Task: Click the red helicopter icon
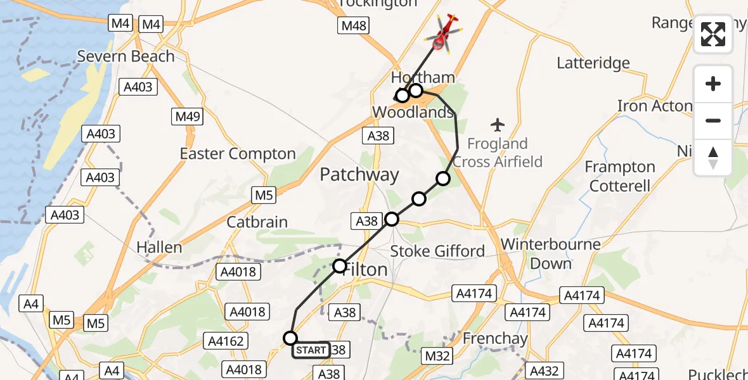pos(446,33)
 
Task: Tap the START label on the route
pos(311,350)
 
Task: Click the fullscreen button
pos(713,34)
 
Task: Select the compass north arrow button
pos(713,158)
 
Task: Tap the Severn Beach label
pos(126,56)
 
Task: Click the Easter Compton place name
pos(238,154)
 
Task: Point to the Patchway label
pos(359,175)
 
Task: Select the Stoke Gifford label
pos(437,251)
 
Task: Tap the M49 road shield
pos(187,117)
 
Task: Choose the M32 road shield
pos(437,356)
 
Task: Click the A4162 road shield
pos(226,341)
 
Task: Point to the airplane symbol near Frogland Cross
pos(498,123)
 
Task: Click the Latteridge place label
pos(593,63)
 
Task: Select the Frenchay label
pos(495,339)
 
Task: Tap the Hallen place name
pos(159,248)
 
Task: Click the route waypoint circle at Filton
pos(340,265)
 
